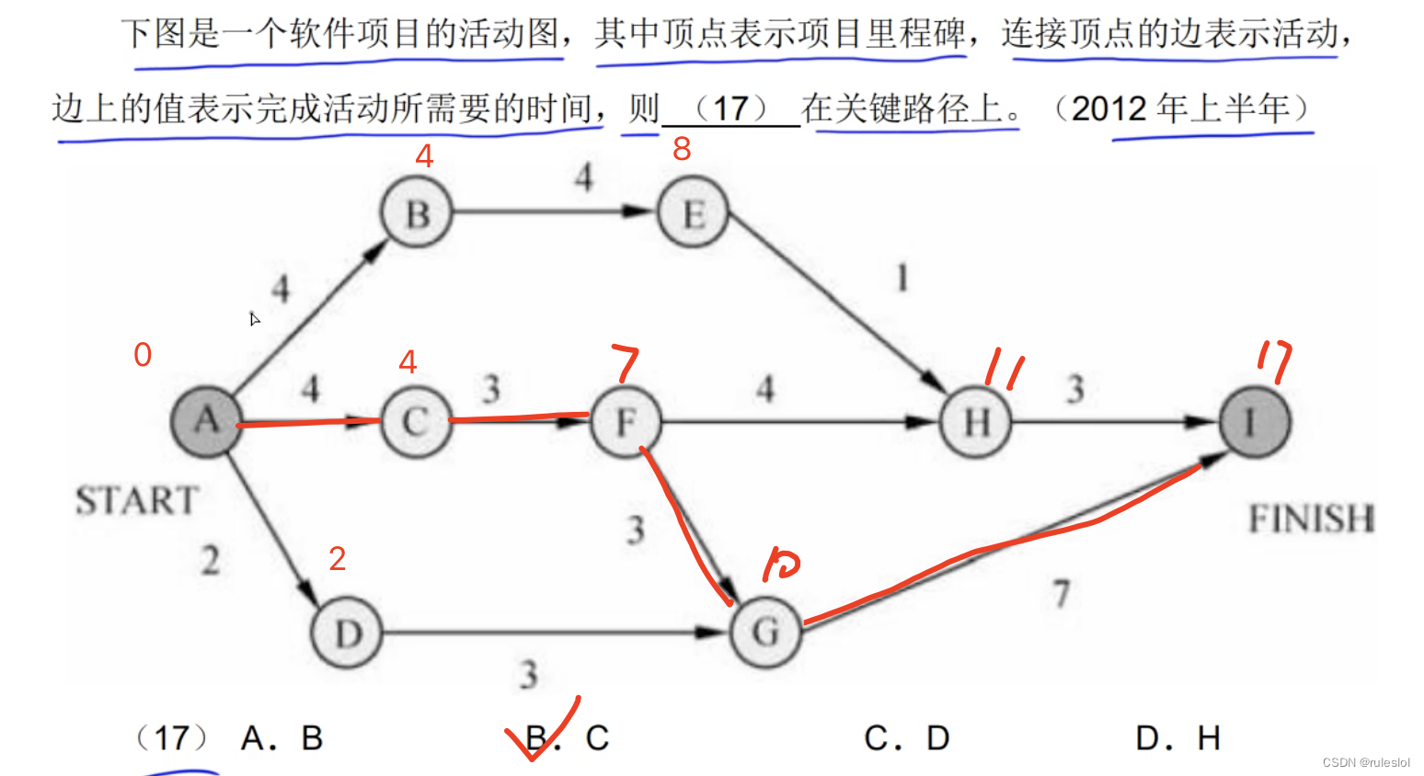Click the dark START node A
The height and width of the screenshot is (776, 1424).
(207, 421)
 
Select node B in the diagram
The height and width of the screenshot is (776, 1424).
(417, 213)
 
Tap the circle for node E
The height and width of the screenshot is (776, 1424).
(693, 213)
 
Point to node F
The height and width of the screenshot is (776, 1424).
(626, 422)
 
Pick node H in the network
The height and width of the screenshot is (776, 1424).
(976, 422)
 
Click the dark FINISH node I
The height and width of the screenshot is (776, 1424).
(1254, 422)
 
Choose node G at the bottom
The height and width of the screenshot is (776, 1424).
(765, 633)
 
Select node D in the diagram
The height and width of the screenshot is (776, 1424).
(348, 633)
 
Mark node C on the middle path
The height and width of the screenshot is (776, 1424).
(416, 422)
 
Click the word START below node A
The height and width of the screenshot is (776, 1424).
(137, 501)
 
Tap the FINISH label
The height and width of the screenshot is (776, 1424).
(1311, 519)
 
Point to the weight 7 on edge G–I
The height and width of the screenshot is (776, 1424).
(1062, 593)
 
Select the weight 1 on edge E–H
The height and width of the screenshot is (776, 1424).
(902, 277)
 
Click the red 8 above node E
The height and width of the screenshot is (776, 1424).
(682, 148)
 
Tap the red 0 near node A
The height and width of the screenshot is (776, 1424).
(143, 355)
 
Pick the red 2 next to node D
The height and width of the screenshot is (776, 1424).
(338, 558)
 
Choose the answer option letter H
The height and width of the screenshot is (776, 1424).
(1209, 737)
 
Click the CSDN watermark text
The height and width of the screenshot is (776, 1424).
(1366, 762)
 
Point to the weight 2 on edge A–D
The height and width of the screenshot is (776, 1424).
(211, 559)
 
